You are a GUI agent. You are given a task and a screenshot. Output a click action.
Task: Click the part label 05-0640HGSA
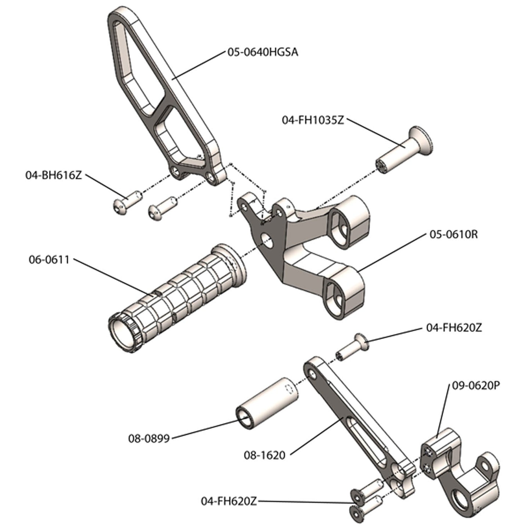262,52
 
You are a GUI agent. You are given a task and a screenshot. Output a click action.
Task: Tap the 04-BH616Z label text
53,175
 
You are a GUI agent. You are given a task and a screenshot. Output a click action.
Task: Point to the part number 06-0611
49,259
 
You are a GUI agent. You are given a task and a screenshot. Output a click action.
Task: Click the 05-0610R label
453,234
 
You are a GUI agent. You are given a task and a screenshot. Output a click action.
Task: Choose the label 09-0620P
476,386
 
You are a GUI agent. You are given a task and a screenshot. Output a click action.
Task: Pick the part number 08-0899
149,438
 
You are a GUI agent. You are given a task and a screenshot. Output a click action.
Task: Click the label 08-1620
264,455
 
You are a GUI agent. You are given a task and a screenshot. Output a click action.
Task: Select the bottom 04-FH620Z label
229,501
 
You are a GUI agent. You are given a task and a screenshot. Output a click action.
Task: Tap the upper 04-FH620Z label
453,327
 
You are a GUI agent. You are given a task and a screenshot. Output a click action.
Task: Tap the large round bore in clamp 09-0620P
459,502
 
